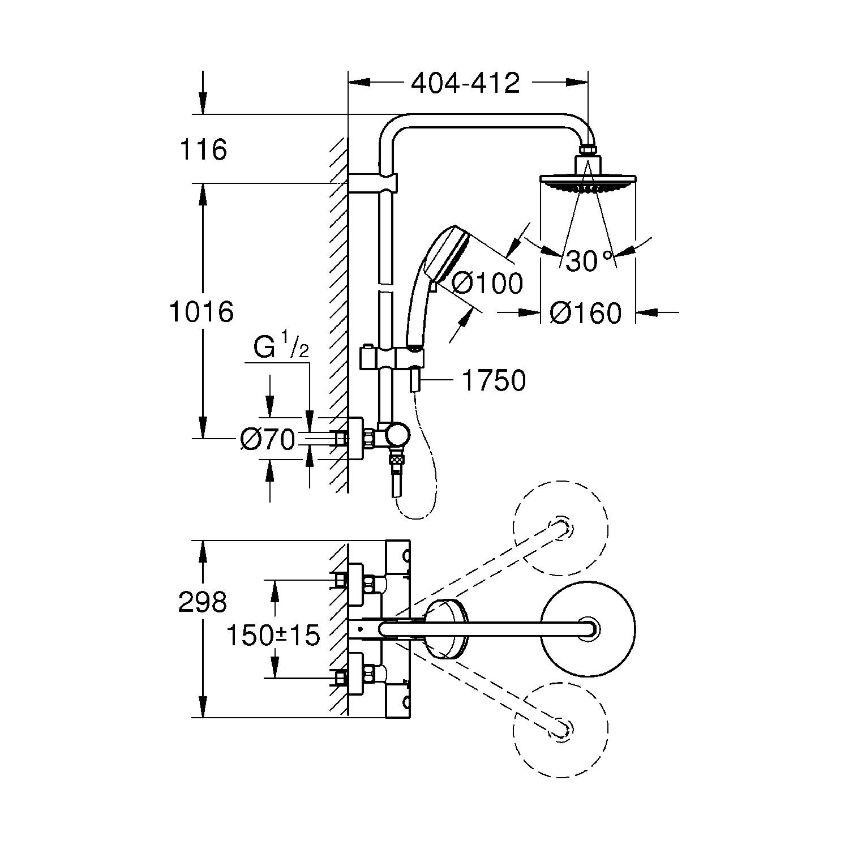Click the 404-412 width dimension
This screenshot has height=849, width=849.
(465, 84)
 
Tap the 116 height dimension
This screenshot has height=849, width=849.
(203, 150)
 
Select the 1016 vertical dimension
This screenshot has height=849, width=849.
(202, 312)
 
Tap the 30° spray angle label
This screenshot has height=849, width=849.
(589, 261)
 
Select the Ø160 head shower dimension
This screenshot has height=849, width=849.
(586, 313)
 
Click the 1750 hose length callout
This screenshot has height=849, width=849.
(494, 380)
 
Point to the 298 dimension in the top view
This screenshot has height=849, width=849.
(203, 602)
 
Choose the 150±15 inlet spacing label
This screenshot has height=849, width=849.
(273, 636)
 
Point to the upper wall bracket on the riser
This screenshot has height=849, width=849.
(372, 183)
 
